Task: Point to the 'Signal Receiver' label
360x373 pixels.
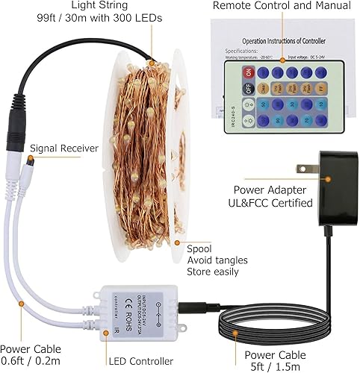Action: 64,148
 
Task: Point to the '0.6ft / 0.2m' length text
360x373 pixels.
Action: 31,362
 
